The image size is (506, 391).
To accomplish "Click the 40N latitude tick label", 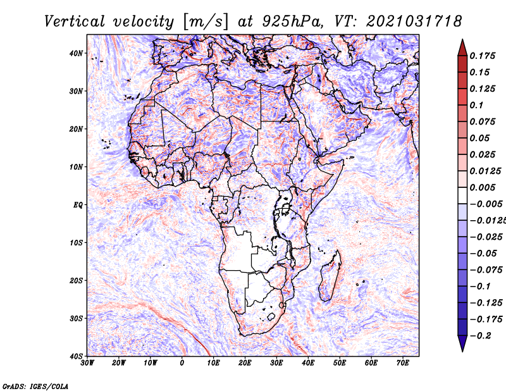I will click(x=77, y=53).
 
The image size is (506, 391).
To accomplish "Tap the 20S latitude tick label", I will click(x=77, y=280).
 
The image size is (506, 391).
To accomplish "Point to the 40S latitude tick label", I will click(x=77, y=356).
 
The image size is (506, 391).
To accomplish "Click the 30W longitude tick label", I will click(x=88, y=363).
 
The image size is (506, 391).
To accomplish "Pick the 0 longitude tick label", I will click(x=182, y=363).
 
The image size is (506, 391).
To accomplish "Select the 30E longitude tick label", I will click(x=276, y=363).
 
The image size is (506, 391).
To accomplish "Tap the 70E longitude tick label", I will click(x=402, y=363).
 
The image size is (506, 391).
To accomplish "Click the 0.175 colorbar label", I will click(x=482, y=56).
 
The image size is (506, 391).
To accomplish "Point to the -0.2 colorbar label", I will click(x=479, y=335).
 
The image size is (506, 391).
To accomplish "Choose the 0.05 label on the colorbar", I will click(x=479, y=138).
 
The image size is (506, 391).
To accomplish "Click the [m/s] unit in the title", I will click(x=204, y=21).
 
